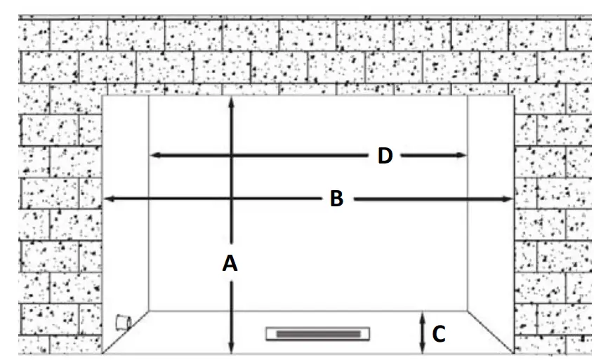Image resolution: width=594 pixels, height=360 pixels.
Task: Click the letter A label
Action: pyautogui.click(x=230, y=263)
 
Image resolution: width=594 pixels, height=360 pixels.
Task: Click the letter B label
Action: pyautogui.click(x=336, y=199)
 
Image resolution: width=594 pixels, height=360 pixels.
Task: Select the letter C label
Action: pyautogui.click(x=438, y=335)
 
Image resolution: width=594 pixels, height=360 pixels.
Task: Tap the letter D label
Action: pyautogui.click(x=384, y=156)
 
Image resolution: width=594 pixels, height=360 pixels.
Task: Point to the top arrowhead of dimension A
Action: pyautogui.click(x=232, y=100)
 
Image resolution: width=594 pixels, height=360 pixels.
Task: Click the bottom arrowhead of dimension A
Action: pyautogui.click(x=232, y=349)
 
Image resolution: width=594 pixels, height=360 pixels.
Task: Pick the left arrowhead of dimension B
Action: pyautogui.click(x=108, y=200)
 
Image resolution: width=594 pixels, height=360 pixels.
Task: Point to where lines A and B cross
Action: pyautogui.click(x=232, y=200)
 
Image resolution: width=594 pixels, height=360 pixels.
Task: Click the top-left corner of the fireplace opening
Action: pyautogui.click(x=103, y=95)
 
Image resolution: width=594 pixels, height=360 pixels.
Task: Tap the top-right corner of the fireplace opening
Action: pyautogui.click(x=515, y=95)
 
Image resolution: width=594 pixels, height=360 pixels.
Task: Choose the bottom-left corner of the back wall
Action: pyautogui.click(x=149, y=310)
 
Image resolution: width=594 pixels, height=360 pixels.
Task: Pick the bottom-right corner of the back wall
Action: pyautogui.click(x=468, y=310)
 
